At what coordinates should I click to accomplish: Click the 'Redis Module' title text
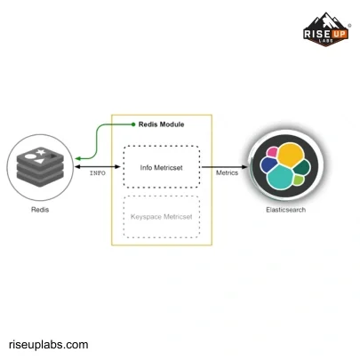click(162, 124)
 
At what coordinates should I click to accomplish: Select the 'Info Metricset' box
click(161, 165)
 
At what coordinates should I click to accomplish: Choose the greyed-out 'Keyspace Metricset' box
click(161, 217)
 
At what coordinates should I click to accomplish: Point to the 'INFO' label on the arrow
click(98, 172)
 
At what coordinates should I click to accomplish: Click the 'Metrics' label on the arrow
click(227, 173)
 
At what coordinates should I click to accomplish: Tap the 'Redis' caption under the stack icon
click(40, 210)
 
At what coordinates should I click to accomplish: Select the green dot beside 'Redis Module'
click(133, 124)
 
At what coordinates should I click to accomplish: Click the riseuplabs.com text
click(49, 344)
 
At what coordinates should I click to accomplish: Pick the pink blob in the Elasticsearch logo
click(271, 153)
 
